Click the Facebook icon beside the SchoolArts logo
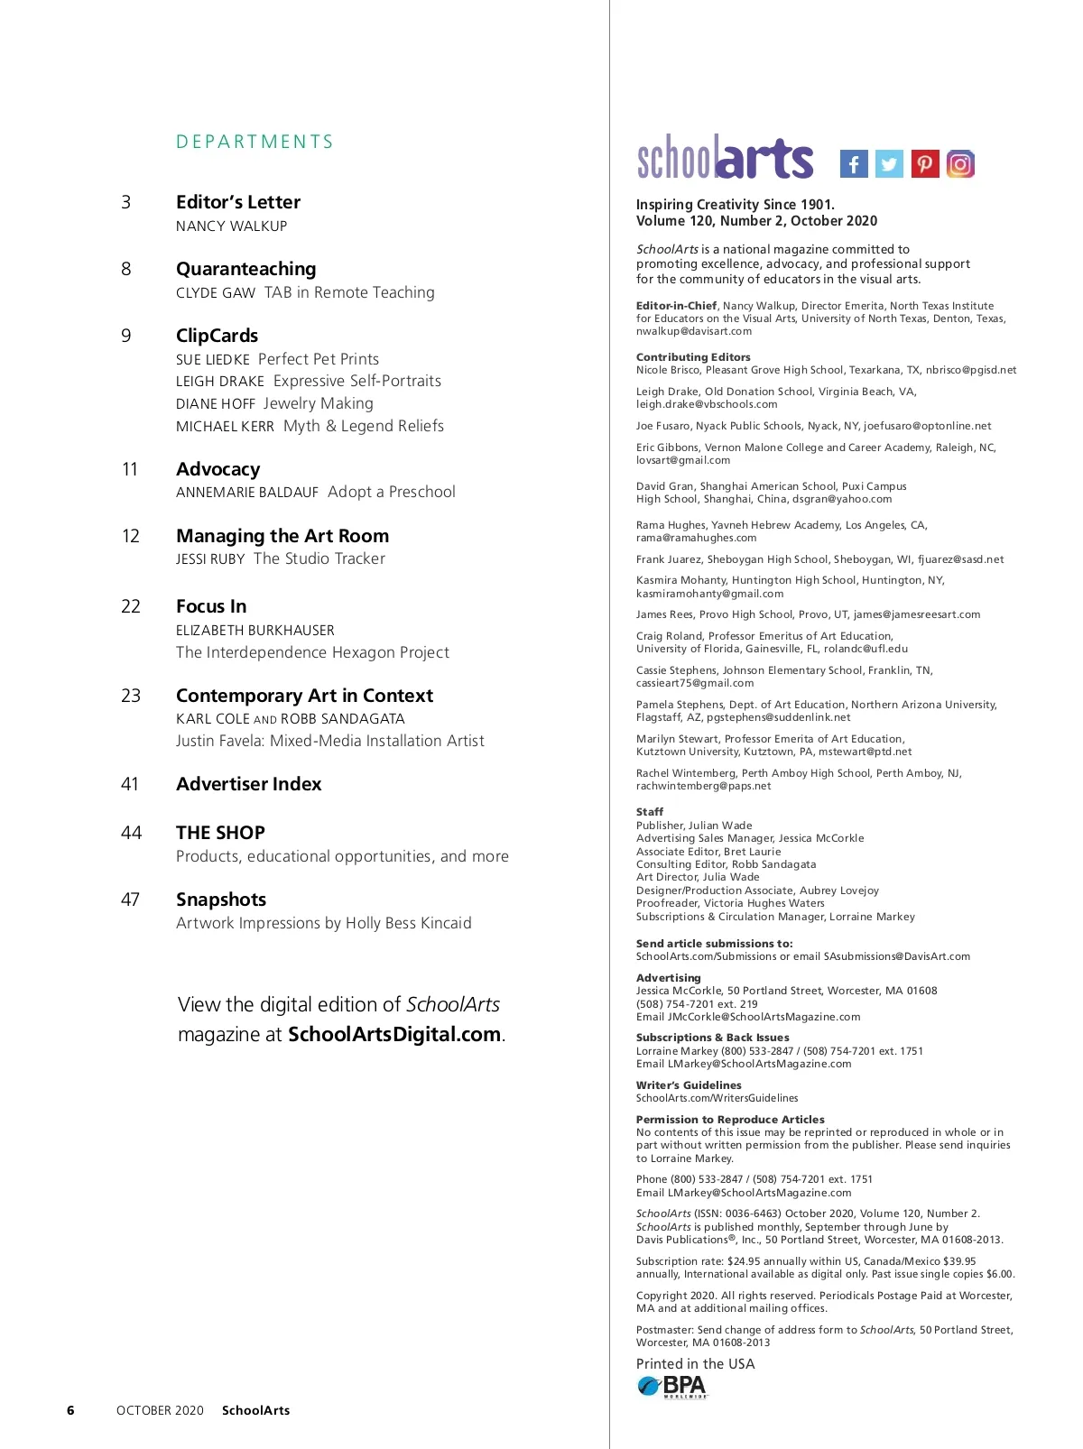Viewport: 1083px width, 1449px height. pyautogui.click(x=854, y=164)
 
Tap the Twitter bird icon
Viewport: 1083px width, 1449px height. pyautogui.click(x=889, y=164)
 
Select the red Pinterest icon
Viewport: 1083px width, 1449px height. pyautogui.click(x=925, y=164)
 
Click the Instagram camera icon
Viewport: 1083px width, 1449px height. pyautogui.click(x=960, y=164)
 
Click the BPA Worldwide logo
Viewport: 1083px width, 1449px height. pyautogui.click(x=673, y=1386)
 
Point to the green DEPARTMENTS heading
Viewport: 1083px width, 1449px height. pyautogui.click(x=255, y=142)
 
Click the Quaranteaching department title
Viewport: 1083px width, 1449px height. pyautogui.click(x=245, y=269)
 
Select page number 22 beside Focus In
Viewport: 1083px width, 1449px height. pyautogui.click(x=131, y=606)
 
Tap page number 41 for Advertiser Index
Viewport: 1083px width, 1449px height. pyautogui.click(x=130, y=784)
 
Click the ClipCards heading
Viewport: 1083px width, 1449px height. pyautogui.click(x=217, y=336)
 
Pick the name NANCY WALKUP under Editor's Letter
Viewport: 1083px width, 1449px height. pyautogui.click(x=231, y=226)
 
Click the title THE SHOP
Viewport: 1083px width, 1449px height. pyautogui.click(x=220, y=833)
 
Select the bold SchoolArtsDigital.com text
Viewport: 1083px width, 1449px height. pyautogui.click(x=394, y=1034)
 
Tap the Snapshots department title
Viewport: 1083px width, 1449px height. pyautogui.click(x=221, y=900)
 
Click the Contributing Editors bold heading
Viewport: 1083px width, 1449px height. pyautogui.click(x=693, y=357)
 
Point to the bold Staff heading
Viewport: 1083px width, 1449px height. pyautogui.click(x=650, y=812)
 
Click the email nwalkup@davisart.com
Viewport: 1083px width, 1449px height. pyautogui.click(x=693, y=331)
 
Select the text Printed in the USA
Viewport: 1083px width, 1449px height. pyautogui.click(x=695, y=1364)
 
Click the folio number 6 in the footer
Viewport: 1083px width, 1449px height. pyautogui.click(x=70, y=1410)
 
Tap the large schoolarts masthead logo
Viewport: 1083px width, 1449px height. pyautogui.click(x=725, y=158)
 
